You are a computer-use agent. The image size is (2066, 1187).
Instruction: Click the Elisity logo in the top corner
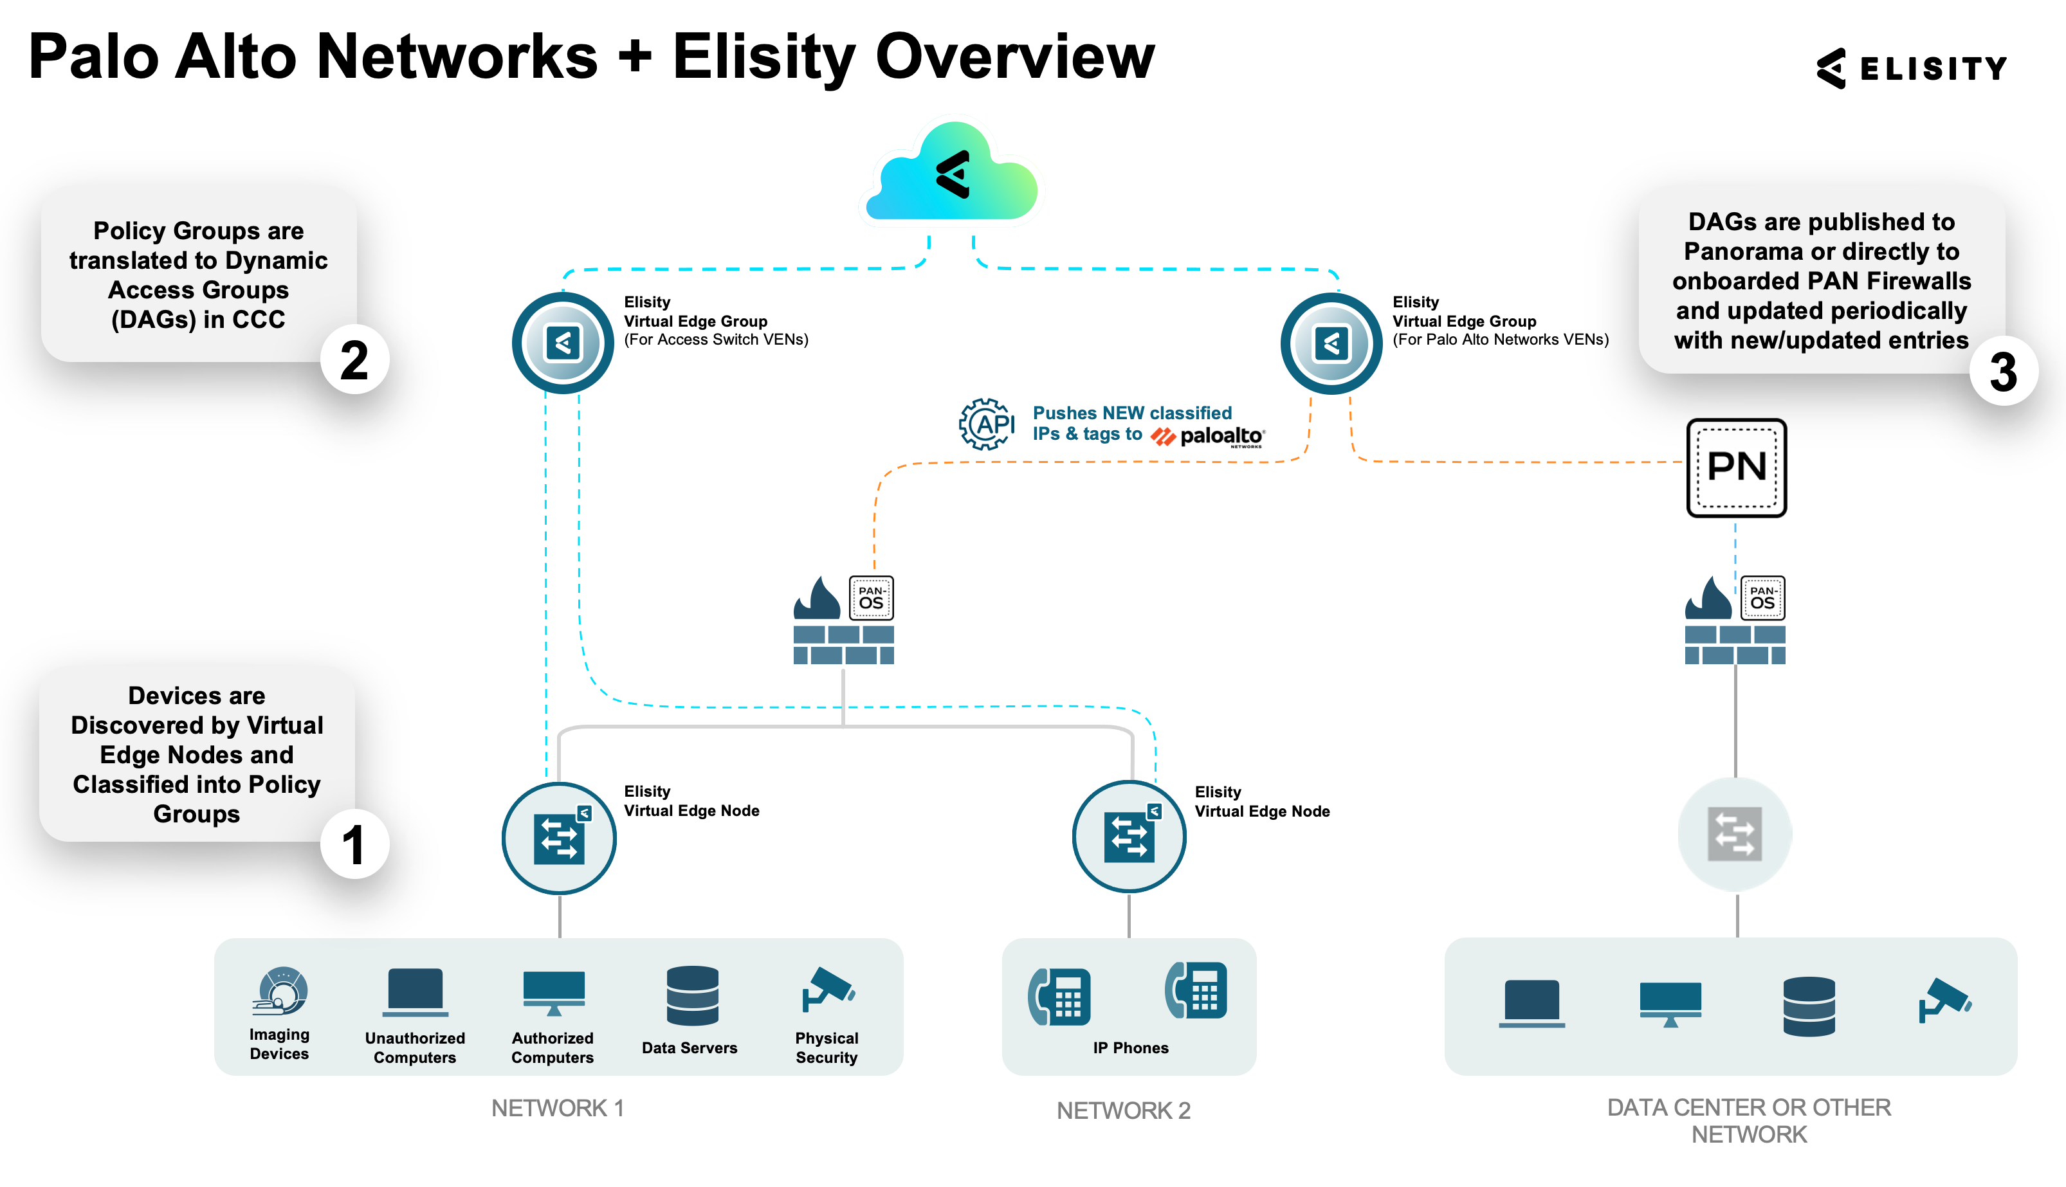click(1910, 68)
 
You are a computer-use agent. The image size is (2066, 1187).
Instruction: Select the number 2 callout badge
click(354, 359)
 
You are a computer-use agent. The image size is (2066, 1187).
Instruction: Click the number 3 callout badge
click(2002, 371)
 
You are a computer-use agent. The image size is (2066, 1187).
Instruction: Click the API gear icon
click(985, 424)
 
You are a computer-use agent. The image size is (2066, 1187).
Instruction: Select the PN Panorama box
click(1736, 468)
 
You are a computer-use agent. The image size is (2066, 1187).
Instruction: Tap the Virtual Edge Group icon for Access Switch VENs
click(563, 343)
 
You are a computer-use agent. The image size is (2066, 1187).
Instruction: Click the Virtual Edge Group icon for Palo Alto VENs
click(1331, 343)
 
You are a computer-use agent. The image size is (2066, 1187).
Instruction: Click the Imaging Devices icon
click(280, 990)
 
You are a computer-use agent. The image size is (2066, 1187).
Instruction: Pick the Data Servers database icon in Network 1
click(692, 995)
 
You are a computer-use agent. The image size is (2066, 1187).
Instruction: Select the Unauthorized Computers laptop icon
click(415, 992)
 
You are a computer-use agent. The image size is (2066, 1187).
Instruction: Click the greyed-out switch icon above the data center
click(1734, 834)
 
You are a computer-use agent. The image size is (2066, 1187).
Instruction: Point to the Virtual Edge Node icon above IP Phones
click(1128, 837)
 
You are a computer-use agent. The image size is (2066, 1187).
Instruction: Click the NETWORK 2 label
click(1122, 1110)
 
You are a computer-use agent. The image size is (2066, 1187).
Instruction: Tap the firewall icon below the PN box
click(1734, 621)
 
